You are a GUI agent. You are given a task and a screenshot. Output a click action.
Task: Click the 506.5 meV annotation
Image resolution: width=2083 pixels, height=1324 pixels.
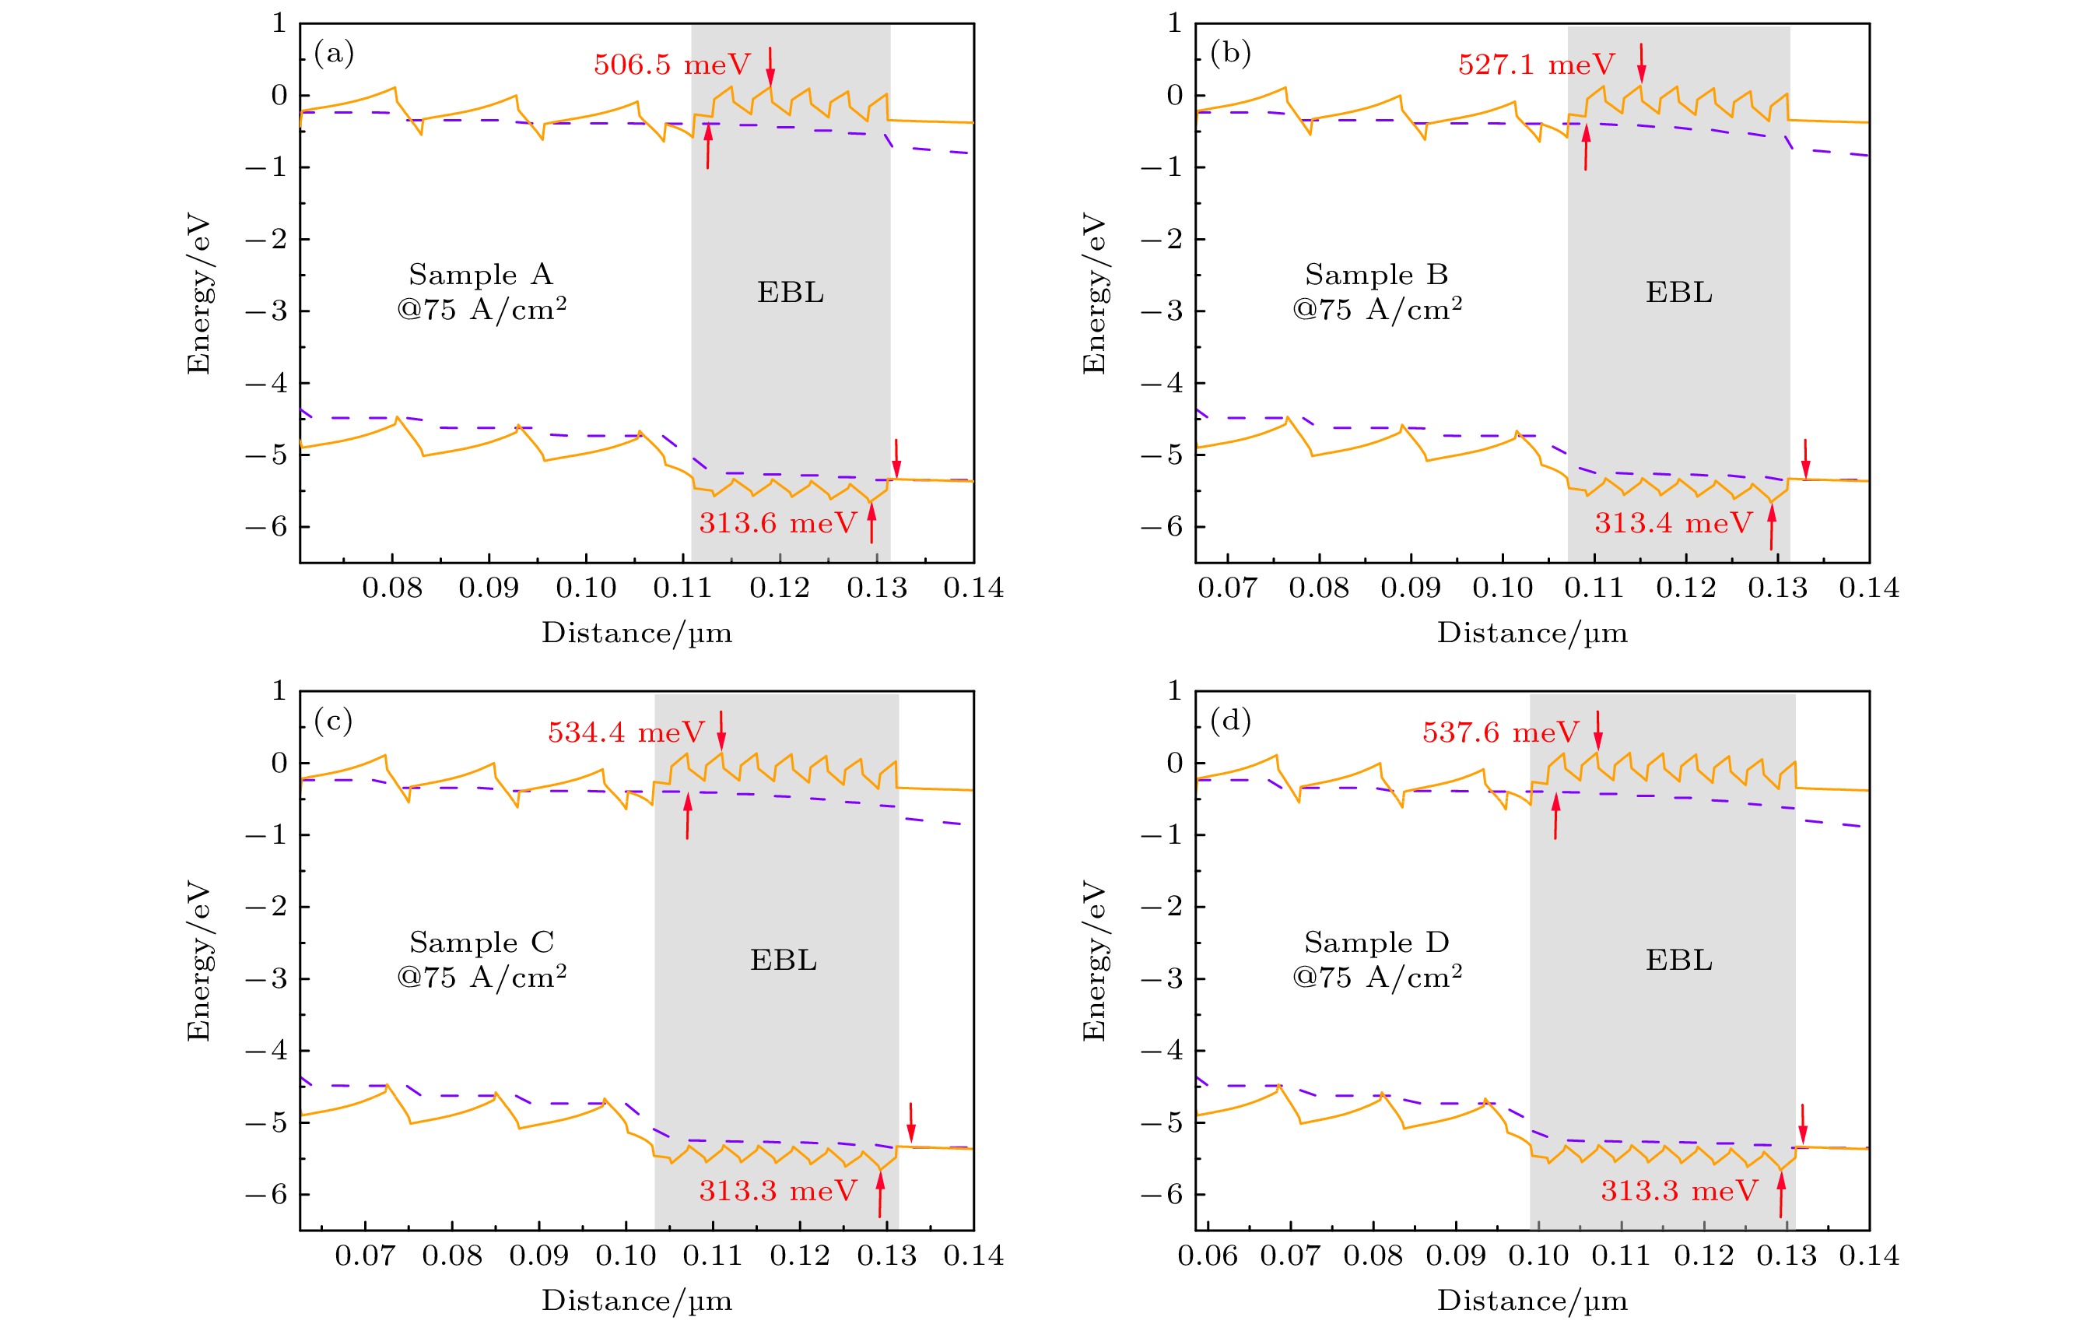(x=672, y=65)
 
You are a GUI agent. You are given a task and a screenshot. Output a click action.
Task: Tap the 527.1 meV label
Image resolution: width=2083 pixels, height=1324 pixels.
(x=1536, y=65)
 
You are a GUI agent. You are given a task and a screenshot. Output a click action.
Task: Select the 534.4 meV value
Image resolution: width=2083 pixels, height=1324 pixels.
(x=626, y=733)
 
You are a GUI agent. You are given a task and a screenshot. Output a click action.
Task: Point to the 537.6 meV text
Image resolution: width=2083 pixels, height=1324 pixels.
(x=1501, y=733)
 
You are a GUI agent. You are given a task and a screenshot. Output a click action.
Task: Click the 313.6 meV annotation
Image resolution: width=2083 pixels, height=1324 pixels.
(x=777, y=524)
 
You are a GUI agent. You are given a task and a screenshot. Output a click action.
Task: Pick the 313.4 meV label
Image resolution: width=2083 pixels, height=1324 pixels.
(x=1673, y=524)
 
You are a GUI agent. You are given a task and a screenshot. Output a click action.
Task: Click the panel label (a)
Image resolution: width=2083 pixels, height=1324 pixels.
(x=334, y=54)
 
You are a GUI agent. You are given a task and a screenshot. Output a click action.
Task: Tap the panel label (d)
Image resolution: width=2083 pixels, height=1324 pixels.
(x=1230, y=721)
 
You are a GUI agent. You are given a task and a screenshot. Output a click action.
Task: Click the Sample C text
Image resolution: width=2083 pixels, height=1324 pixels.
(x=482, y=943)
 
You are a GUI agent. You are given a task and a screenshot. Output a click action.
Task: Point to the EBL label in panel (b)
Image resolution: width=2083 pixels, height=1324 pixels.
(x=1678, y=293)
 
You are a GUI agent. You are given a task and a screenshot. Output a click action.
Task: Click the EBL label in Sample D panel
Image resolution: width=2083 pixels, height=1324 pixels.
(x=1678, y=961)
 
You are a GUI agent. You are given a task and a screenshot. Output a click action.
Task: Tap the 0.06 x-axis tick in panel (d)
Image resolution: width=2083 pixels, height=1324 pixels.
(x=1208, y=1256)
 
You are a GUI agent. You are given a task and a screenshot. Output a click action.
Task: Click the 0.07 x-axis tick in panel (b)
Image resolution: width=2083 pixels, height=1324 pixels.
(x=1226, y=588)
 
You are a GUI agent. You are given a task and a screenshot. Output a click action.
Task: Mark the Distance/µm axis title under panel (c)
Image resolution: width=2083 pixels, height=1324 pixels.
(x=636, y=1301)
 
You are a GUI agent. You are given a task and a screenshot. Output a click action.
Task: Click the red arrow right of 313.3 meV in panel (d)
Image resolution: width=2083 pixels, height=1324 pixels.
(x=1780, y=1193)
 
